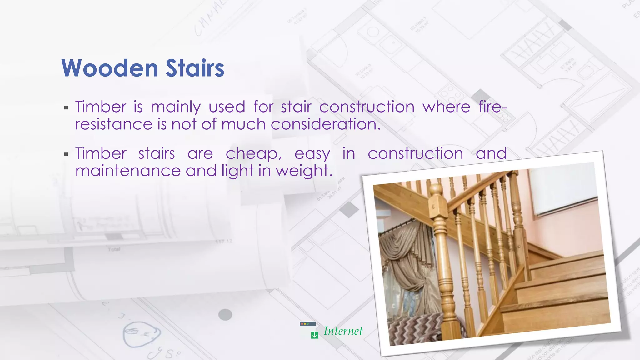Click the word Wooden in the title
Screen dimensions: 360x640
pos(110,68)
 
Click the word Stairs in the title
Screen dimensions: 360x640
pos(195,68)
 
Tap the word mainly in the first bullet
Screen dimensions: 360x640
pos(176,107)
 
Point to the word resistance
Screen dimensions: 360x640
pos(114,124)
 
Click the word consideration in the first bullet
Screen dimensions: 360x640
pos(325,124)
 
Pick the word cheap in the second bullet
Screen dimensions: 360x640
pos(253,154)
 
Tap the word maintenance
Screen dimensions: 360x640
pos(128,171)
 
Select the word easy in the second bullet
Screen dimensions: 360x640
pos(312,154)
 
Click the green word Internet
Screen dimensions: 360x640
pos(343,331)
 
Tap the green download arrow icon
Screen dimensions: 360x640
pos(314,335)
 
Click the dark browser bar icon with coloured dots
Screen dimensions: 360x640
pos(307,324)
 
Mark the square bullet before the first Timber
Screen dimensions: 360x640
pos(66,108)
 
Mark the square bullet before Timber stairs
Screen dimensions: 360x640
pos(66,154)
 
